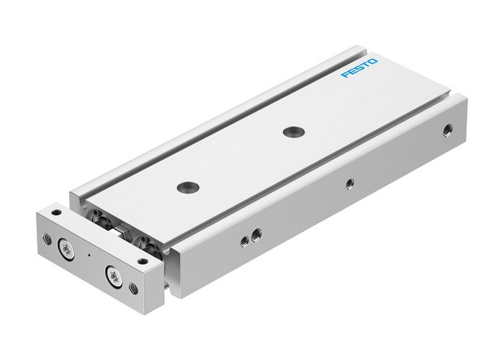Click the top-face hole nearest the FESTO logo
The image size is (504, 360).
292,131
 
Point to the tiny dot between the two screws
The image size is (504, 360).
88,255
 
